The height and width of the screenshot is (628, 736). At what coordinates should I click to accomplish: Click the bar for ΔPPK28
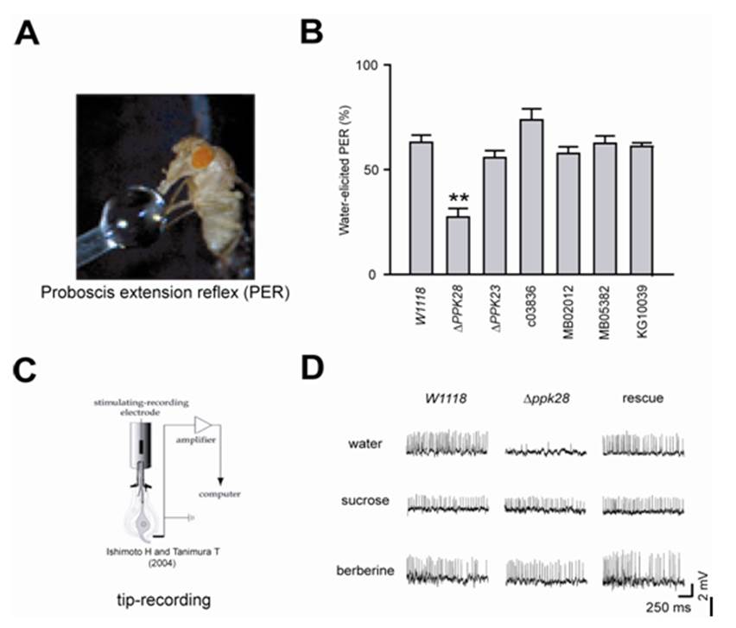pyautogui.click(x=458, y=244)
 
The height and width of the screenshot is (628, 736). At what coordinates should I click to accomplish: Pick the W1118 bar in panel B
pyautogui.click(x=421, y=207)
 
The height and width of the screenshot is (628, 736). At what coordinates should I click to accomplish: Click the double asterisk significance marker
pyautogui.click(x=459, y=200)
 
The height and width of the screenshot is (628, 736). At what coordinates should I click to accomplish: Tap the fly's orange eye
pyautogui.click(x=203, y=156)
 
